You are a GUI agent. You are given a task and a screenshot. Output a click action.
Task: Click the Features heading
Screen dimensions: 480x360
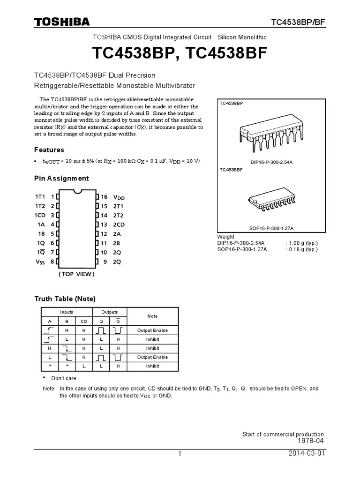[49, 150]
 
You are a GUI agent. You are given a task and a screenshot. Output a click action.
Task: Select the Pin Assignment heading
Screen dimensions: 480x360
[61, 179]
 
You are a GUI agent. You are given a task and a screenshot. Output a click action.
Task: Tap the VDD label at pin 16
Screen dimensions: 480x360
[119, 197]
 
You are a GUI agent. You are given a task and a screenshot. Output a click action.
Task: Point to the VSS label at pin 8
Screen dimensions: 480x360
[41, 261]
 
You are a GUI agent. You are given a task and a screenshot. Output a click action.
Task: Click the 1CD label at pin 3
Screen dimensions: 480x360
[40, 215]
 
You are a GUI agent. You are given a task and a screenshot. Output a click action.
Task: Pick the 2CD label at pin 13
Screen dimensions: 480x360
[119, 225]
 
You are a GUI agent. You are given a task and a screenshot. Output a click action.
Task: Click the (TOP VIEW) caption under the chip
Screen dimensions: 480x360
[76, 274]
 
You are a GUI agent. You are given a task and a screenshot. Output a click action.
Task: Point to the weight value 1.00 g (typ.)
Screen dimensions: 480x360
[301, 243]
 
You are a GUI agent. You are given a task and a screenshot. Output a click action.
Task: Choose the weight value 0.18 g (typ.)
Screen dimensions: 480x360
[301, 249]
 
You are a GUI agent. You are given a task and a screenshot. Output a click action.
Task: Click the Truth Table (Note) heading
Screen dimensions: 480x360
[65, 299]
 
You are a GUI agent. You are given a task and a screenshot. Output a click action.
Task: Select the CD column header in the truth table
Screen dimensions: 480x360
[84, 321]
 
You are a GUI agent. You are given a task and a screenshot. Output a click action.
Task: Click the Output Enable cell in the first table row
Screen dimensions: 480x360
[152, 330]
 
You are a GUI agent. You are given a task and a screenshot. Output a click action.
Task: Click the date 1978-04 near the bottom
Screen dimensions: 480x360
[311, 441]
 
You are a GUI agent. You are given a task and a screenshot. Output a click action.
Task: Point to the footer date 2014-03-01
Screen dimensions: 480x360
[307, 454]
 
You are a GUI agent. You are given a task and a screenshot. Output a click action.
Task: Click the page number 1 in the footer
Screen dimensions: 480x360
[180, 454]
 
